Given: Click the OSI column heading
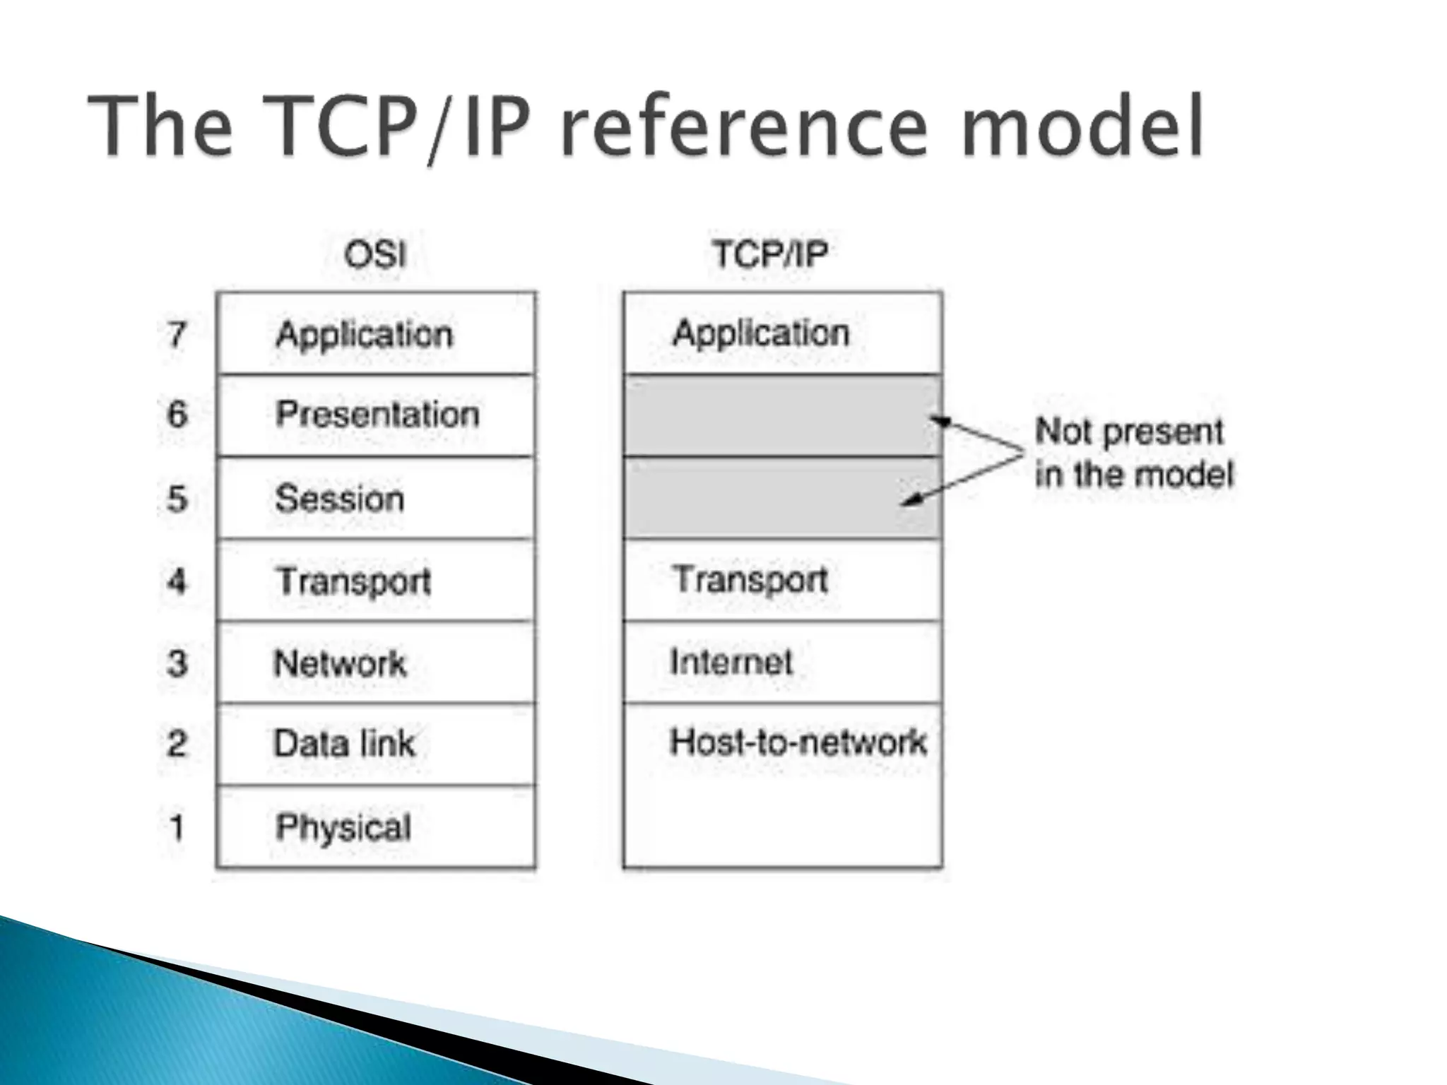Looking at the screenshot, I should coord(375,254).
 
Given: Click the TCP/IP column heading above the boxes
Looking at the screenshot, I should coord(769,254).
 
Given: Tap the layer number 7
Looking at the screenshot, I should coord(177,334).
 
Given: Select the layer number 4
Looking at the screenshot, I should coord(177,581).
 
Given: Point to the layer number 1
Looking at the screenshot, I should coord(177,827).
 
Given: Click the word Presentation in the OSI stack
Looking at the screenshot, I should coord(377,415).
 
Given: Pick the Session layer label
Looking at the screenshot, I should coord(340,499).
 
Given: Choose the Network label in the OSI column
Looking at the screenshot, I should coord(340,663).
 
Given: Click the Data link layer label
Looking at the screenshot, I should coord(344,744).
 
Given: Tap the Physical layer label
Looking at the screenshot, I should coord(343,827).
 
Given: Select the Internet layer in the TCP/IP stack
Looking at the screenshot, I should coord(731,663).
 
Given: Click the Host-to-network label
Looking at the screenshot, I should coord(798,742).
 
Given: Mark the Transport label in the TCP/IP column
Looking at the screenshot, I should coord(750,580).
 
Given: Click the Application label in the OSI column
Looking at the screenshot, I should coord(365,334).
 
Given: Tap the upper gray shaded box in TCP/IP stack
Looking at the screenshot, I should coord(782,415).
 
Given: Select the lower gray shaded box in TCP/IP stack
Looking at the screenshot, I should coord(782,498).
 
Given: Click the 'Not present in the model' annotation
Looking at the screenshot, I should coord(1133,453).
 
